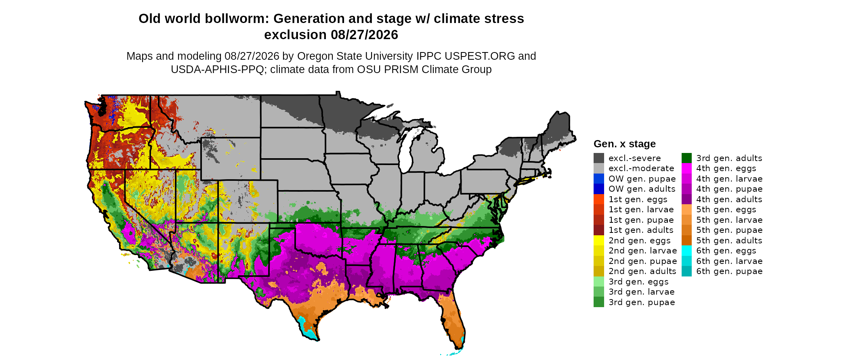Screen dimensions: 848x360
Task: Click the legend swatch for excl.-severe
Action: (599, 158)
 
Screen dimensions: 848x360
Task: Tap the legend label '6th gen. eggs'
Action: (726, 251)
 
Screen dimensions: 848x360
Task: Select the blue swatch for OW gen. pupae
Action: (599, 178)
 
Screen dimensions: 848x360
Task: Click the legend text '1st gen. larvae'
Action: (641, 209)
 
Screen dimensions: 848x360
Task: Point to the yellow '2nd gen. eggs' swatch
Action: (599, 240)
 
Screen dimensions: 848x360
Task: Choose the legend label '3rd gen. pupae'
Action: (642, 302)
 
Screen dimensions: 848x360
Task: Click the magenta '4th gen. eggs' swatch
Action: (686, 168)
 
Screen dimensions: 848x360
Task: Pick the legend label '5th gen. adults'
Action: (729, 241)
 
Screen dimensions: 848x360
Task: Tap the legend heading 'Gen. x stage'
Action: (625, 144)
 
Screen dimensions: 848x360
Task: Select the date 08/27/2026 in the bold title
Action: (364, 35)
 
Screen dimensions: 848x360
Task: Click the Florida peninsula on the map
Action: (453, 321)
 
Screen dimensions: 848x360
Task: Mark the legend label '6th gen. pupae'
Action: (729, 271)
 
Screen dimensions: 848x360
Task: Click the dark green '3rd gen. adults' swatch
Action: (686, 158)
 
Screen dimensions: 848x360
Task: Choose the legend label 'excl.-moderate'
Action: (641, 168)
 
